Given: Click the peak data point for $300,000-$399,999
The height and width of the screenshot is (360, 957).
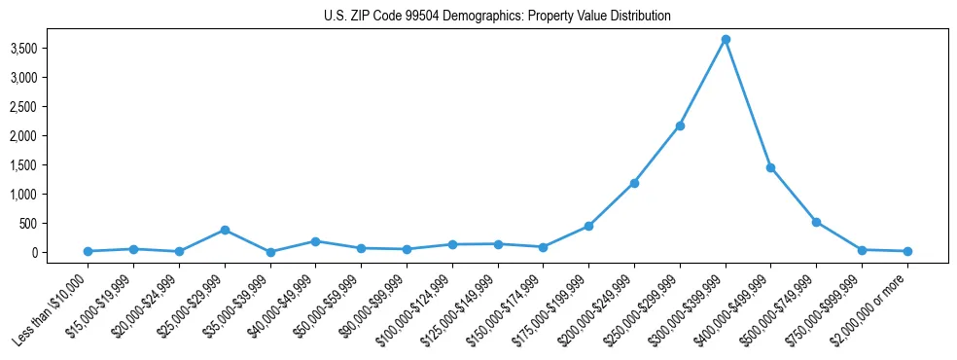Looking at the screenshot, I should pyautogui.click(x=726, y=39).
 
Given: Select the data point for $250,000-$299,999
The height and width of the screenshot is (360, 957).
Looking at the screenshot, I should pyautogui.click(x=680, y=126).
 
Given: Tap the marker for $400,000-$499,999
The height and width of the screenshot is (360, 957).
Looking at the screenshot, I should pyautogui.click(x=770, y=167).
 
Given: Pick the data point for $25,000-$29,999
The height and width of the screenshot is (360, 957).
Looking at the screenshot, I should pyautogui.click(x=225, y=230).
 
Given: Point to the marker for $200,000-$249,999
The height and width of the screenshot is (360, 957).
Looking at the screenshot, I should pyautogui.click(x=634, y=183).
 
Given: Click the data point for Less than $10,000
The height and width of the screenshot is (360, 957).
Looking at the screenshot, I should pyautogui.click(x=88, y=251).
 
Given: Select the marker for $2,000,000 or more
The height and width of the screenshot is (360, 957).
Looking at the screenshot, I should pyautogui.click(x=907, y=251).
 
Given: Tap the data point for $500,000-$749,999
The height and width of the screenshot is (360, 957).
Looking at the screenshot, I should pyautogui.click(x=816, y=222).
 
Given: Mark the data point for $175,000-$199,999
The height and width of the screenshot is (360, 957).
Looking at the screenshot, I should pyautogui.click(x=588, y=226).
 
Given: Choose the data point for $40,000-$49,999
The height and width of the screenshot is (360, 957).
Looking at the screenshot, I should pyautogui.click(x=315, y=241).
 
